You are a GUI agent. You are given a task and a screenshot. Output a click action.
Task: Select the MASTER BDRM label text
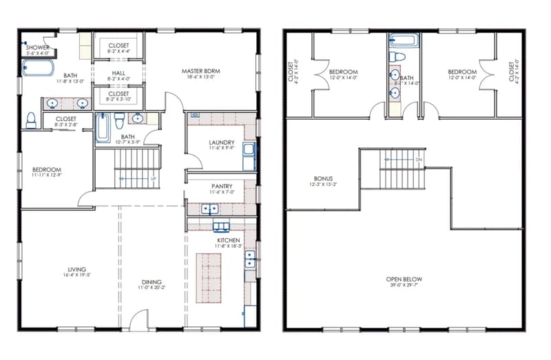click(x=200, y=71)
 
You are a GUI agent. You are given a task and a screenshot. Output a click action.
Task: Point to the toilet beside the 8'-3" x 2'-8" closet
click(x=30, y=121)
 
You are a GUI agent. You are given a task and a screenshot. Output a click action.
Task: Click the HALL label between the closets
click(x=118, y=70)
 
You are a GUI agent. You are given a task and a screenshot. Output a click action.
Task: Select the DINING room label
click(x=152, y=282)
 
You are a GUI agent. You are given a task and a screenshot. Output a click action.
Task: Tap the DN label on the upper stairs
click(x=418, y=160)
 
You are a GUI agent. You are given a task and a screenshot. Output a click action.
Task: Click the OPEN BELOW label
click(x=404, y=279)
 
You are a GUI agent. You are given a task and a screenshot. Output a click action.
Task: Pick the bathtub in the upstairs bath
click(x=403, y=40)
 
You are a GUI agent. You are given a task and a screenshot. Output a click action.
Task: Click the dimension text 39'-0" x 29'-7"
click(x=404, y=287)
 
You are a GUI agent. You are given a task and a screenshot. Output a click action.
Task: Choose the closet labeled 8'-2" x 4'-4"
click(x=118, y=50)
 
